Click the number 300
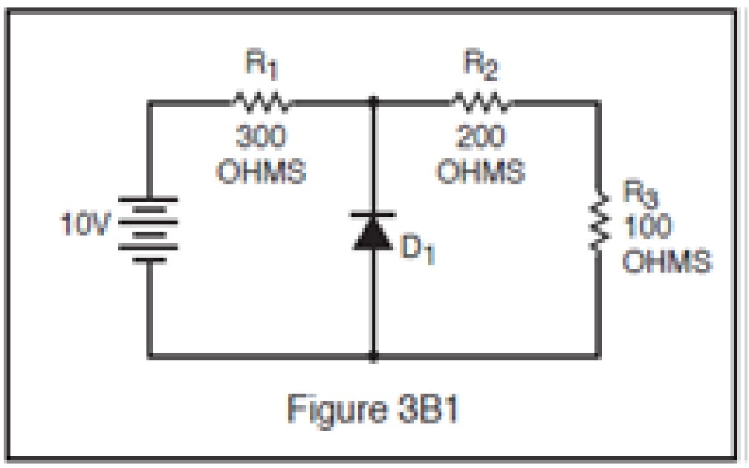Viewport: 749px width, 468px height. [261, 138]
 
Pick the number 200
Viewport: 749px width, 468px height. [481, 138]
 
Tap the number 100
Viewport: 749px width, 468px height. [646, 228]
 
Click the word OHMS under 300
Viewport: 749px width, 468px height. [261, 172]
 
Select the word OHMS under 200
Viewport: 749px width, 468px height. [481, 172]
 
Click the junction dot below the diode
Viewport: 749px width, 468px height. [372, 356]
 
